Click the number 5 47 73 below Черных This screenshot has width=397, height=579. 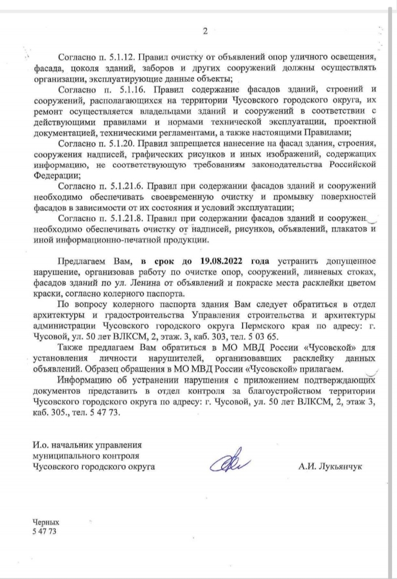[x=45, y=531]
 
